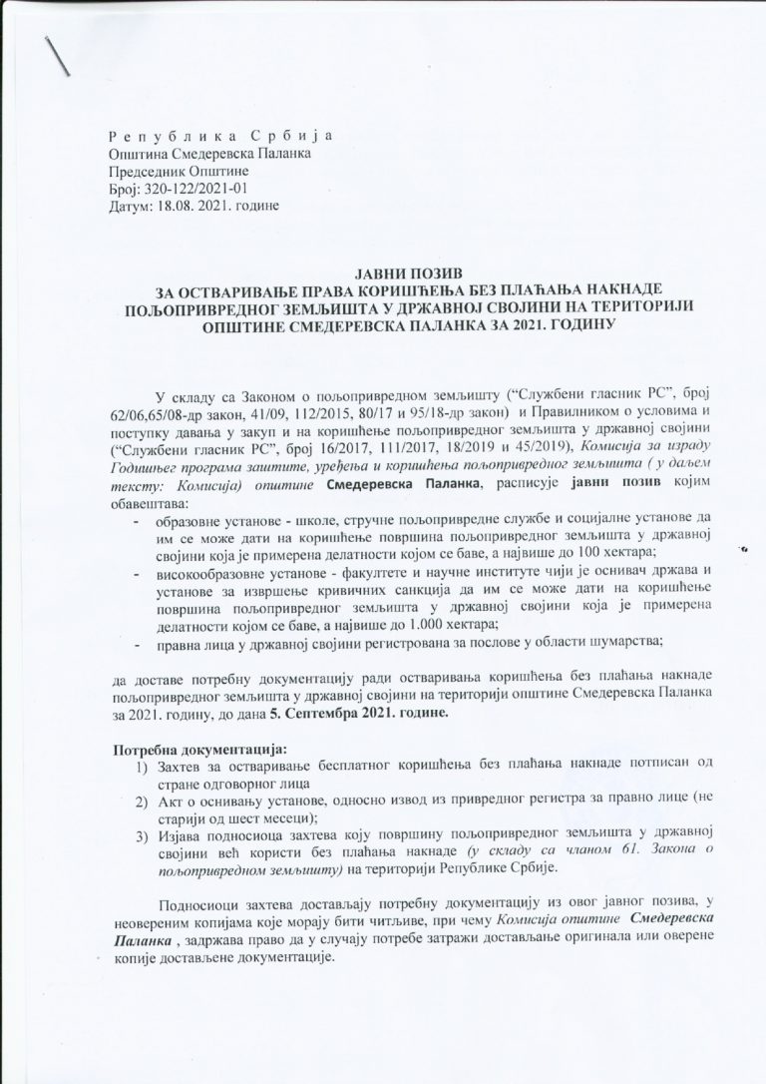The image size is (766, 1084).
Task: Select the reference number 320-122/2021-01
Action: coord(190,188)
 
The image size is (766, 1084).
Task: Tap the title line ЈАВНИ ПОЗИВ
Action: coord(397,272)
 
